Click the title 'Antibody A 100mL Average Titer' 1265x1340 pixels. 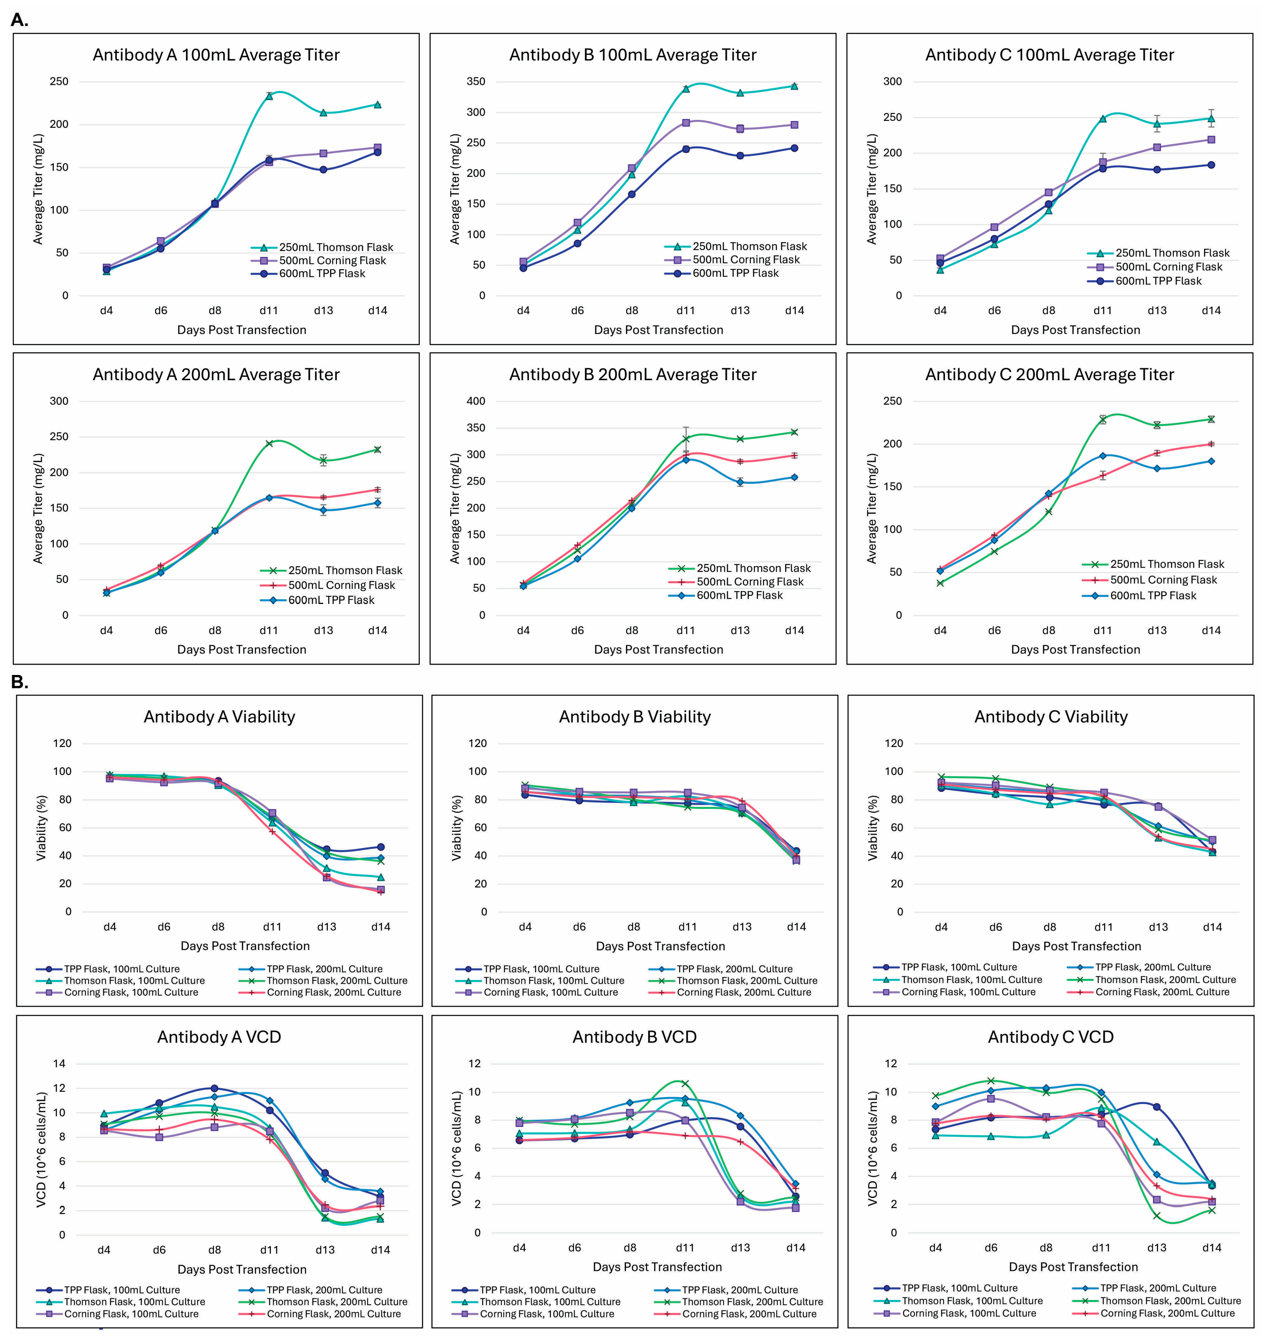(216, 55)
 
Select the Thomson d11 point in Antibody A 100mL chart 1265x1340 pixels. (269, 96)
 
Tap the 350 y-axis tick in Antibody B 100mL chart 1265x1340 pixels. (476, 82)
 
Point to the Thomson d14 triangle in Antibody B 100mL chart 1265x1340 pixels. (794, 86)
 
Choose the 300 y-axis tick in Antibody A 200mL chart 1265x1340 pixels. (59, 401)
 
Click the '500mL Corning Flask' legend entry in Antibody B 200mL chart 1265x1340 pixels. (750, 582)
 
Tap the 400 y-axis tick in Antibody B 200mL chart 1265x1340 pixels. (476, 401)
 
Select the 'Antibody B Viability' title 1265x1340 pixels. (635, 716)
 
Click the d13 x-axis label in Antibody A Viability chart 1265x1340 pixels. (326, 927)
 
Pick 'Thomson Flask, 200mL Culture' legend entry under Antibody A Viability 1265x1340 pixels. (336, 981)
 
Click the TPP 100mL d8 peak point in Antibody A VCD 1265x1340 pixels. (215, 1088)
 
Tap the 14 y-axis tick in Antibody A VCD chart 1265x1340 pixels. (59, 1064)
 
